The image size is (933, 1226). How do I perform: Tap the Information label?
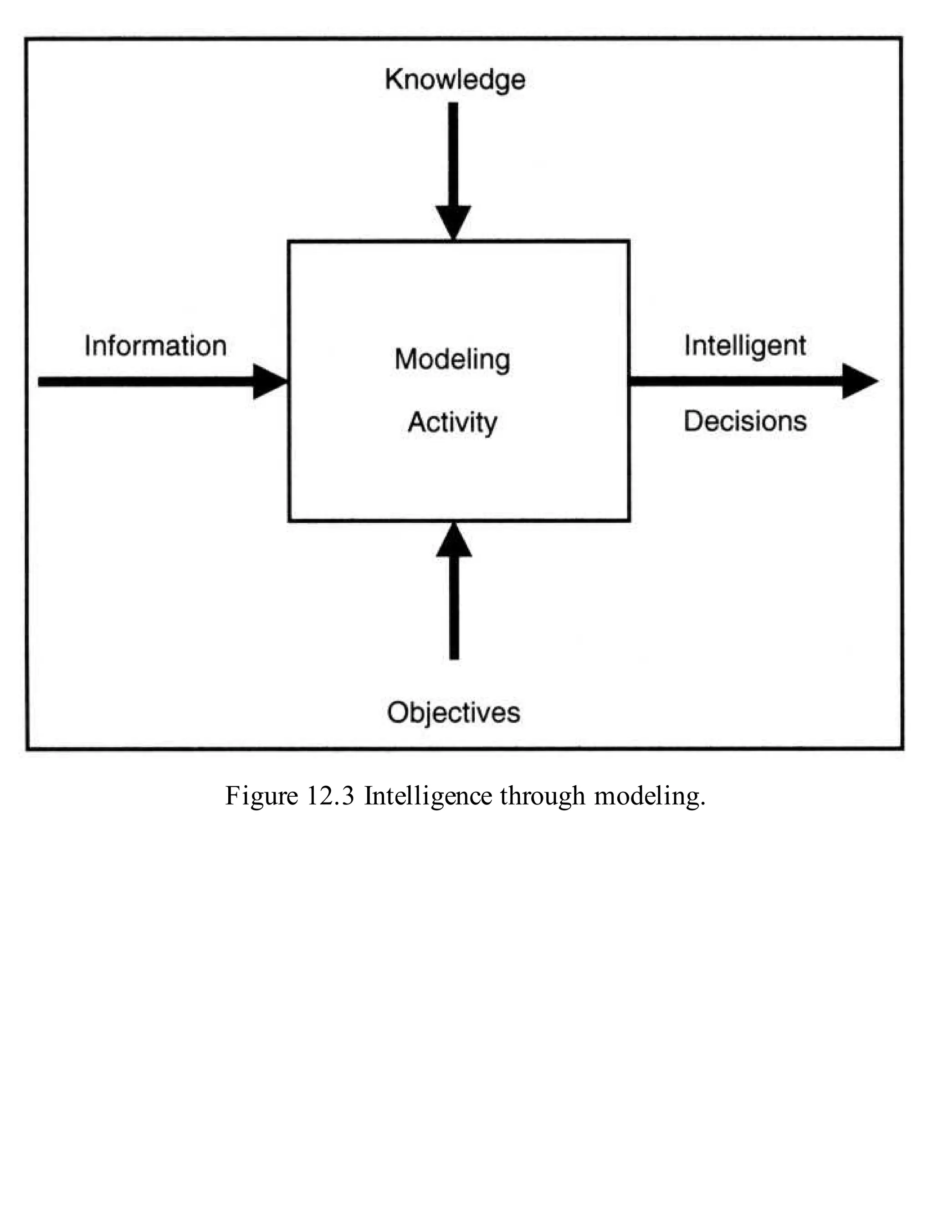click(155, 346)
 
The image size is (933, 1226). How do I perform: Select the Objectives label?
click(454, 712)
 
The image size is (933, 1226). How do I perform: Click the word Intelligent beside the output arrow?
click(745, 345)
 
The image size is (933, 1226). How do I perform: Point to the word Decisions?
click(745, 421)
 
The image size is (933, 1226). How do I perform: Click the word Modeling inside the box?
click(453, 360)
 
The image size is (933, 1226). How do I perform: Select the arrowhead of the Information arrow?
click(269, 381)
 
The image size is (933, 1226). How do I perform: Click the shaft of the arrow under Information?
click(144, 381)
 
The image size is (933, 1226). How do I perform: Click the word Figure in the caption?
click(261, 796)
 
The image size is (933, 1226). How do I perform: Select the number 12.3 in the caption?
click(330, 796)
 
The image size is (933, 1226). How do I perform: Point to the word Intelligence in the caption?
click(428, 796)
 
